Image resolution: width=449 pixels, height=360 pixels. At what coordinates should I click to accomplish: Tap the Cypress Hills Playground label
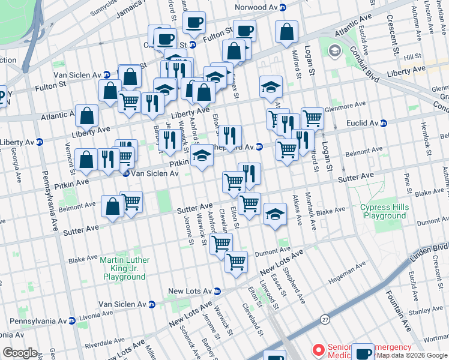pyautogui.click(x=384, y=211)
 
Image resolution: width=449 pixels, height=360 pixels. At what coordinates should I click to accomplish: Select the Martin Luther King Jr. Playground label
pyautogui.click(x=124, y=268)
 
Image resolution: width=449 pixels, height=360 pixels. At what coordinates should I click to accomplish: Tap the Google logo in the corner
pyautogui.click(x=20, y=353)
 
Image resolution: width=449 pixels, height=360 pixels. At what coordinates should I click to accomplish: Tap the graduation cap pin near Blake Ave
pyautogui.click(x=274, y=215)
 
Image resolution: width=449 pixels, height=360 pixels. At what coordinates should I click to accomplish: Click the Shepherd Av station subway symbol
pyautogui.click(x=258, y=146)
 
